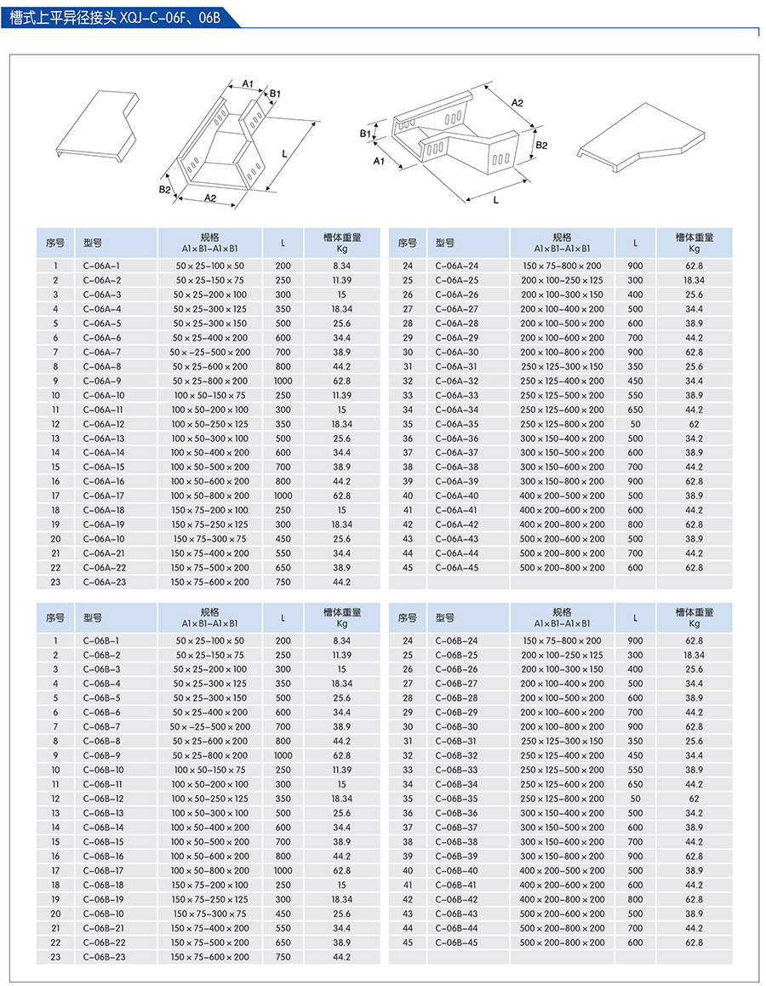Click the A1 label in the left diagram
click(x=248, y=83)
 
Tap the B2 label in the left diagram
click(x=164, y=189)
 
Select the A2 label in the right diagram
click(x=517, y=102)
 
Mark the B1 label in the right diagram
click(x=364, y=134)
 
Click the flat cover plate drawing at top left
click(x=96, y=126)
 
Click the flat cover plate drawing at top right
click(x=643, y=136)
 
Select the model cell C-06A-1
click(x=102, y=266)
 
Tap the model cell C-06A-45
click(x=456, y=568)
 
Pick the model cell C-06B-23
click(x=104, y=957)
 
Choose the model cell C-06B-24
click(x=456, y=640)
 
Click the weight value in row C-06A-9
click(x=341, y=381)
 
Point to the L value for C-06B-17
click(x=283, y=870)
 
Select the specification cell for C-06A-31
click(x=562, y=366)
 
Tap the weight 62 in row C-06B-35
click(x=694, y=799)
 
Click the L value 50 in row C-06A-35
click(x=635, y=424)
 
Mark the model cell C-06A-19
click(x=104, y=525)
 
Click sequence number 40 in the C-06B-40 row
click(x=408, y=870)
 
